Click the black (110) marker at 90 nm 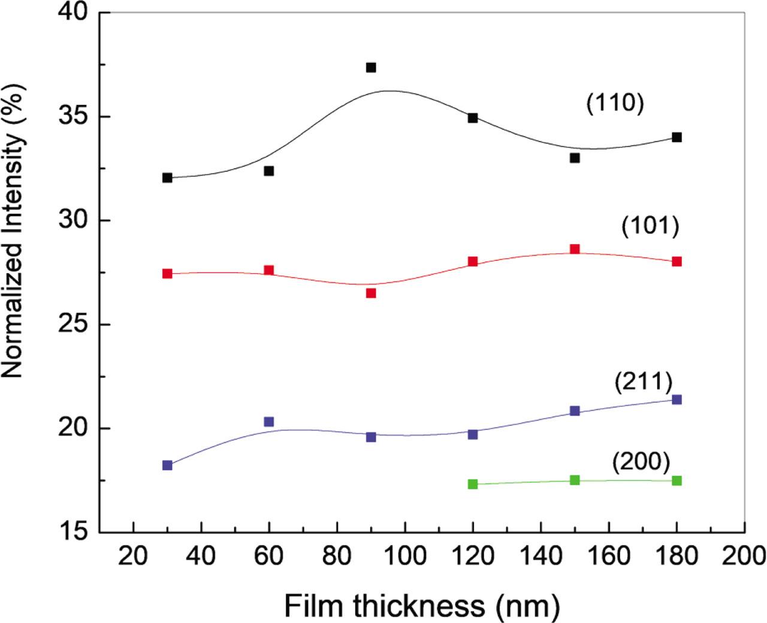click(x=371, y=68)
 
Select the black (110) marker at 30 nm click(x=167, y=178)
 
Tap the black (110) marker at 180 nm click(x=677, y=137)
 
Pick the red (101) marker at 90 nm click(x=371, y=293)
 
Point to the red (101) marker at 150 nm click(x=575, y=249)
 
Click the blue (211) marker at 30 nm click(x=167, y=465)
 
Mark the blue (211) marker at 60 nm click(x=269, y=422)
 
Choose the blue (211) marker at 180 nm click(x=677, y=400)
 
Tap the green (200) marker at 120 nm click(x=473, y=484)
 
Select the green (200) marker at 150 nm click(x=575, y=480)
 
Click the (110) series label click(x=614, y=103)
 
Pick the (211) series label click(x=643, y=383)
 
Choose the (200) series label click(x=641, y=462)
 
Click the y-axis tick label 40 click(x=77, y=13)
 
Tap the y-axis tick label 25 click(x=77, y=325)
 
